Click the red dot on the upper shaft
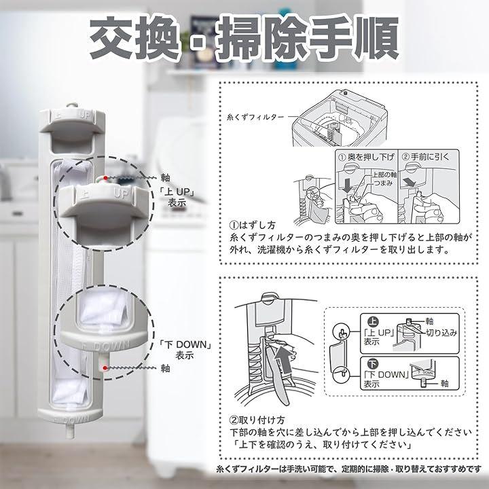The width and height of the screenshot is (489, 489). tap(106, 178)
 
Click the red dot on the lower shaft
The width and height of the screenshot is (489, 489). tap(105, 368)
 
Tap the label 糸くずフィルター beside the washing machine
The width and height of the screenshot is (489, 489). tap(255, 117)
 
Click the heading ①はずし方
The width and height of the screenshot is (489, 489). tap(252, 225)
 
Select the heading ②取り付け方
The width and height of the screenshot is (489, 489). tap(257, 420)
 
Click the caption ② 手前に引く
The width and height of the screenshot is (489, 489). tap(426, 157)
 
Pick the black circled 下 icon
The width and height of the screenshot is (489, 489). tap(373, 363)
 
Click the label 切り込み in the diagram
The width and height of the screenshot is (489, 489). tap(441, 333)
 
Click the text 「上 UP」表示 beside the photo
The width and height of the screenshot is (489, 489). tap(177, 197)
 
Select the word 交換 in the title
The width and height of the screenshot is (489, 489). tap(135, 38)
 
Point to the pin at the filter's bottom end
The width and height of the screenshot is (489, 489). tap(69, 431)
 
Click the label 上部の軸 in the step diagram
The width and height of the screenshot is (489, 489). tap(384, 175)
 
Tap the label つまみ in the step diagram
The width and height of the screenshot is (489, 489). tap(383, 183)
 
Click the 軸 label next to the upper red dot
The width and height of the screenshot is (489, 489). tap(165, 178)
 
